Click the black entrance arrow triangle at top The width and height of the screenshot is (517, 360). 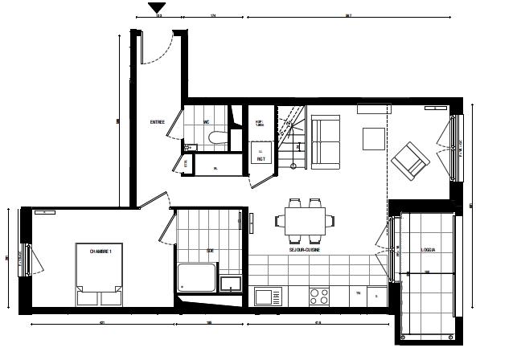tap(158, 8)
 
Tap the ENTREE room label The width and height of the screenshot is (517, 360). tap(158, 122)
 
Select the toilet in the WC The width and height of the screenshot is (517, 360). tap(215, 139)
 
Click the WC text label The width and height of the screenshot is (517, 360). tap(207, 122)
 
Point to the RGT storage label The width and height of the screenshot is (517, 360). tap(261, 158)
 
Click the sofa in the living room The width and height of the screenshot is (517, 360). tap(326, 142)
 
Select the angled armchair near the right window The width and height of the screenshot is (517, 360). tap(411, 159)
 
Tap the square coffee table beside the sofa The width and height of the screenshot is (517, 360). tap(373, 139)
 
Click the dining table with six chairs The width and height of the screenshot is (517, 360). tap(305, 219)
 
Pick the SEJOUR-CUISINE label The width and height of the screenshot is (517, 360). tap(306, 251)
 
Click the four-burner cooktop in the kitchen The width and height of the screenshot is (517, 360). tap(319, 295)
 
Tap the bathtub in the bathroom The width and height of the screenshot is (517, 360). tap(196, 277)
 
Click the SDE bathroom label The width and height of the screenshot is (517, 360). tap(210, 251)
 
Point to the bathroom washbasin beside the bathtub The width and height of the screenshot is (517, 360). tap(230, 284)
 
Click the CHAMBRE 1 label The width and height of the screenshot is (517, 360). tap(101, 251)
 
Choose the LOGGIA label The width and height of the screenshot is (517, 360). tap(428, 251)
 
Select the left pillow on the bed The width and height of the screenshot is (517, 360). tap(88, 297)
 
